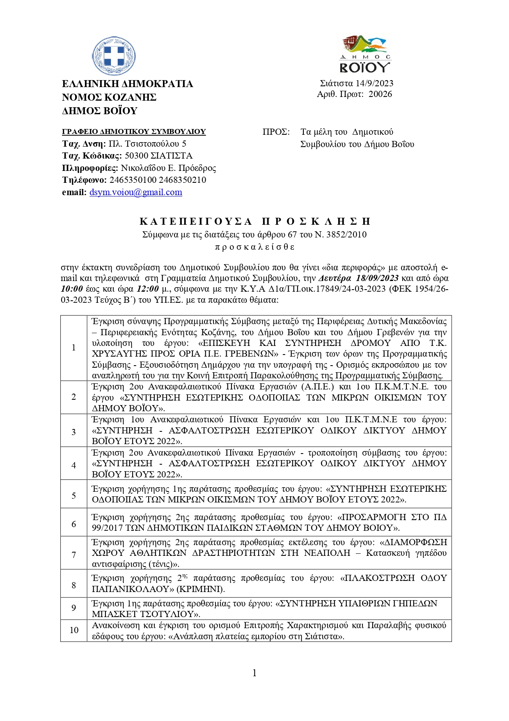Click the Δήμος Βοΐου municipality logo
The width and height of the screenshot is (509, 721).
[x=365, y=53]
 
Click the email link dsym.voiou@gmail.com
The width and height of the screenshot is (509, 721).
[x=135, y=192]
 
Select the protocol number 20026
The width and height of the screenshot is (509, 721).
[x=380, y=94]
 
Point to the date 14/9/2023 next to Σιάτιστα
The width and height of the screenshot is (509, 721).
[x=374, y=83]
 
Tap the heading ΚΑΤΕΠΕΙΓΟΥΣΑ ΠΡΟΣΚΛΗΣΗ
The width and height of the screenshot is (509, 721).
[x=254, y=222]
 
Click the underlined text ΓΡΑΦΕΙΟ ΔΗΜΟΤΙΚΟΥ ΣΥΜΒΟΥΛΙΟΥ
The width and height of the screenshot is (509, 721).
[x=134, y=132]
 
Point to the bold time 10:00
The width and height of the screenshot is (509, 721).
[x=72, y=289]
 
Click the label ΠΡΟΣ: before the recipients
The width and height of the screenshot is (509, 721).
[x=276, y=132]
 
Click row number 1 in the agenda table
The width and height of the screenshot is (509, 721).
[x=74, y=348]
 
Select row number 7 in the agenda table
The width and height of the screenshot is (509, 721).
[x=74, y=555]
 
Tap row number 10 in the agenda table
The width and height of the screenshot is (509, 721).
[x=74, y=630]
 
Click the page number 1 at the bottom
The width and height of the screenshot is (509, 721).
[x=254, y=673]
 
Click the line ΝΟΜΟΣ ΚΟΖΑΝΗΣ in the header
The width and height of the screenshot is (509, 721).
[x=109, y=97]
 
